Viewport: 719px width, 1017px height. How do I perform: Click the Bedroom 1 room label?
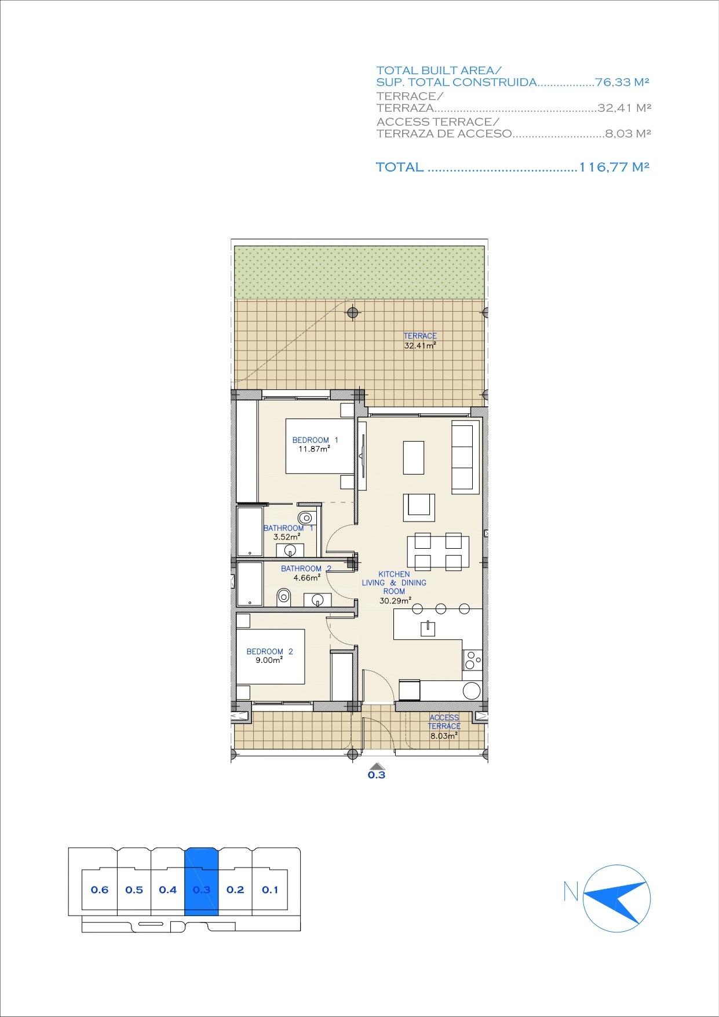315,440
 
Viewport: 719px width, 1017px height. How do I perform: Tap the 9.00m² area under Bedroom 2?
269,659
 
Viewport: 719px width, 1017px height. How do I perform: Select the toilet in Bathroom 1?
305,517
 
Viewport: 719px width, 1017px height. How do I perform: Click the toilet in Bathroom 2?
283,596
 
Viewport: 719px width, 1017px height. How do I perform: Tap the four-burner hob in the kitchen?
472,660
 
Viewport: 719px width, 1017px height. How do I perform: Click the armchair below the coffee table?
419,504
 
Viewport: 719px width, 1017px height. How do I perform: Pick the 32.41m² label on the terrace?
419,345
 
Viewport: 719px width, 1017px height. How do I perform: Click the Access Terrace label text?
444,721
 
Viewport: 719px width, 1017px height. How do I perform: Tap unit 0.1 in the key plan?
270,890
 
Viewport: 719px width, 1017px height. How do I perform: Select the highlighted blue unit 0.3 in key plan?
201,890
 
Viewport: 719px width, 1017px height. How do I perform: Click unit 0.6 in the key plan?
100,890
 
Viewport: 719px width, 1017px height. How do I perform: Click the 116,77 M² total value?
614,167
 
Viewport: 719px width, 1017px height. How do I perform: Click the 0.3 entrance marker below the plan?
377,773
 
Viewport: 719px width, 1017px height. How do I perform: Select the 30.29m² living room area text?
395,600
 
